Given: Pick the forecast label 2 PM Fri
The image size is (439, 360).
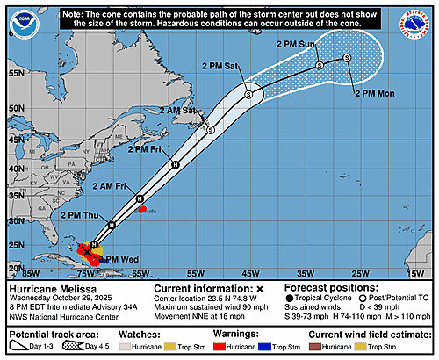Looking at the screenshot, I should (x=148, y=149).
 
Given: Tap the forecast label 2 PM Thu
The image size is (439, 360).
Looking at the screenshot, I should (x=80, y=214).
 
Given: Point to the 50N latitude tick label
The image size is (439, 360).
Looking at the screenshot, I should (x=12, y=109).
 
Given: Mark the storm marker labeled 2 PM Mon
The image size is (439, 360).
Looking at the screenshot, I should (x=347, y=58).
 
